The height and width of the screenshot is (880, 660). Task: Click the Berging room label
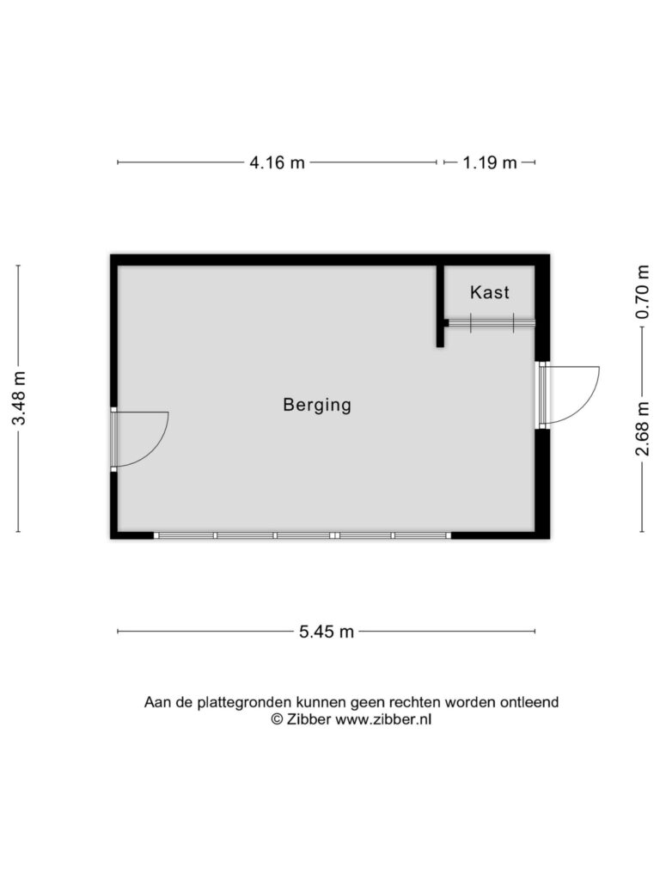click(317, 405)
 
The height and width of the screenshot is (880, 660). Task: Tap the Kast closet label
click(489, 292)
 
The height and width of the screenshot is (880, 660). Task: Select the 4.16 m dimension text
click(278, 162)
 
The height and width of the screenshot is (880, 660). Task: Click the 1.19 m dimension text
click(489, 162)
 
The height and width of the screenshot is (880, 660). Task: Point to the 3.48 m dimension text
click(20, 398)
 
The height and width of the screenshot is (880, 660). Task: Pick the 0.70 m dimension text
click(643, 292)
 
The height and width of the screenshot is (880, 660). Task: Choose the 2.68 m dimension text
click(643, 429)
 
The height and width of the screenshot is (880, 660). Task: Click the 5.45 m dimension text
click(326, 632)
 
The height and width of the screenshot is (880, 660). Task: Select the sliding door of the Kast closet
click(491, 323)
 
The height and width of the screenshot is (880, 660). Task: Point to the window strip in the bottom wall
click(302, 535)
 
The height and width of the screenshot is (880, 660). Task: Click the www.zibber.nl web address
click(383, 719)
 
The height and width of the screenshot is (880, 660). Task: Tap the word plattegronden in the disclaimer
click(244, 703)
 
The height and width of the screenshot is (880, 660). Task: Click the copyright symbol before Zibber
click(278, 719)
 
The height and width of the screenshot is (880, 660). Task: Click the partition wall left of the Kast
click(441, 306)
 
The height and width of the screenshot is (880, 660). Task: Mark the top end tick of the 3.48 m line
click(18, 266)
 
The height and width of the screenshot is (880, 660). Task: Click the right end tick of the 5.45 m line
click(535, 632)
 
